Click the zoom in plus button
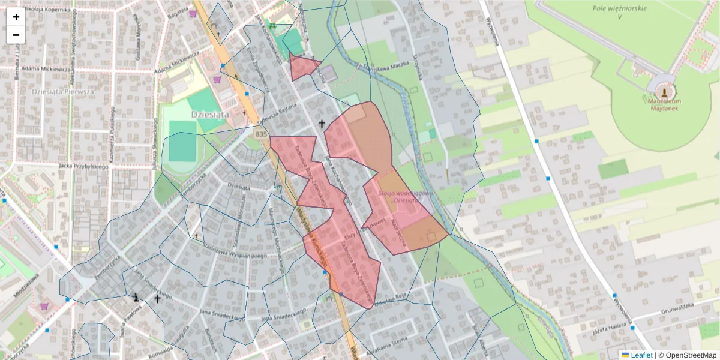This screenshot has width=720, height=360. click(16, 17)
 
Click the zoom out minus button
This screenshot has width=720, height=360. click(16, 35)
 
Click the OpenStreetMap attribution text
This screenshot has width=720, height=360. click(687, 355)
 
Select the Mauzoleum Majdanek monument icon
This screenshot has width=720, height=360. click(664, 92)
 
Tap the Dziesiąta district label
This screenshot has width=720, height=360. click(210, 113)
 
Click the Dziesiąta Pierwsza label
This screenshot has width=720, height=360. click(62, 92)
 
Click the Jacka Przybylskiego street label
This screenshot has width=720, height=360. click(83, 166)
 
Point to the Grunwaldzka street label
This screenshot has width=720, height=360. click(677, 305)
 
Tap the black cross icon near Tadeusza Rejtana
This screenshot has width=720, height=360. click(322, 125)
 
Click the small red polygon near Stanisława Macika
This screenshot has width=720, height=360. click(302, 67)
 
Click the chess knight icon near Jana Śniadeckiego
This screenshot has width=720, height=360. click(137, 296)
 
